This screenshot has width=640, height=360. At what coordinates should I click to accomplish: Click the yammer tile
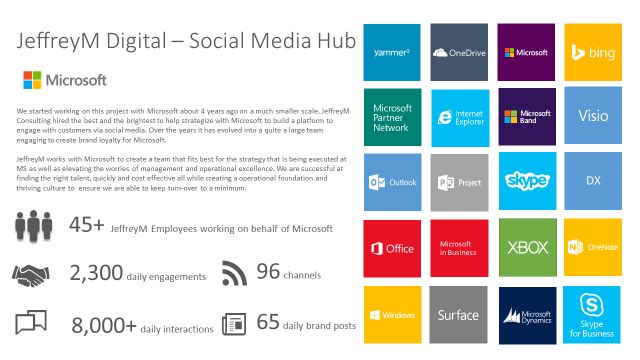pos(393,51)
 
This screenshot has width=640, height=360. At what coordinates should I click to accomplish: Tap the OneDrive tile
pos(459,51)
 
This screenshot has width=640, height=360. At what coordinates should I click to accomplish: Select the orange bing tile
pos(593,51)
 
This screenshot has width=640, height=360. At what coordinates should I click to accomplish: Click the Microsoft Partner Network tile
pos(393,116)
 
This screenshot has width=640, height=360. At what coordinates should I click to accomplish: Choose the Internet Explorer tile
pos(459,116)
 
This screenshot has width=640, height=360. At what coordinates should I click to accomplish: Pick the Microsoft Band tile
pos(526,116)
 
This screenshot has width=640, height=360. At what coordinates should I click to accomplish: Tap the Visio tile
pos(593,116)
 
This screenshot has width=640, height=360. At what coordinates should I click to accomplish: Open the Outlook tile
pos(393,182)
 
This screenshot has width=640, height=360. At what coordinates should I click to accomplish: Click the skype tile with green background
pos(526,182)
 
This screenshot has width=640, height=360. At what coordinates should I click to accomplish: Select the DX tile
pos(593,182)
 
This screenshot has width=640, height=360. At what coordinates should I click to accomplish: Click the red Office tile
pos(393,248)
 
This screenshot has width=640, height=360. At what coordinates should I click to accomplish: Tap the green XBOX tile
pos(526,248)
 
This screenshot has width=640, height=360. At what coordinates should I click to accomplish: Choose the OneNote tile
pos(593,248)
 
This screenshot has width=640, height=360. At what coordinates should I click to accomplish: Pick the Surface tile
pos(459,314)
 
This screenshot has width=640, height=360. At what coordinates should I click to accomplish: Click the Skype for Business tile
pos(593,314)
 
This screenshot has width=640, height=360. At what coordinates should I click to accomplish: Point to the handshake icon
pos(33,273)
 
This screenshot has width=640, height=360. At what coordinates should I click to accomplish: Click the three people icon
pos(33,228)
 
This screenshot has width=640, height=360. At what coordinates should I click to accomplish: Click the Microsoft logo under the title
pos(64,79)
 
